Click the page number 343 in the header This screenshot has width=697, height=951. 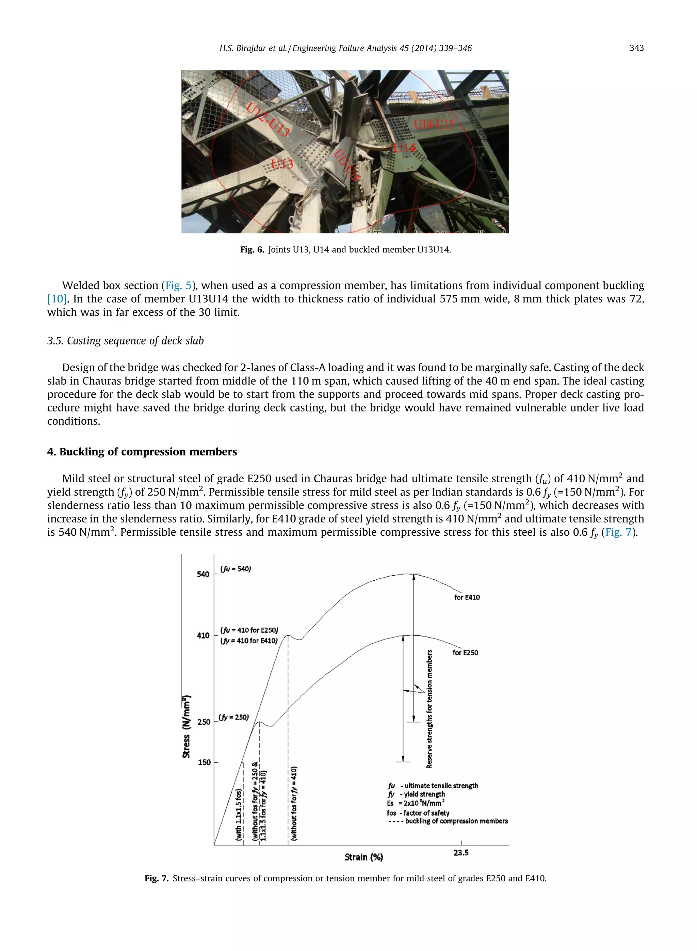click(636, 48)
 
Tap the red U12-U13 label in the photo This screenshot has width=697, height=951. click(268, 120)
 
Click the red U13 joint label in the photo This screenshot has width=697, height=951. click(282, 164)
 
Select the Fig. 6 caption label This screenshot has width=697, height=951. click(252, 250)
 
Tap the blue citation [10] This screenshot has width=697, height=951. click(56, 299)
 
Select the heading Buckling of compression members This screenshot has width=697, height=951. click(142, 452)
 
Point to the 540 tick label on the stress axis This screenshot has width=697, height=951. click(203, 574)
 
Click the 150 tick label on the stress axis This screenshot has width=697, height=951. click(204, 762)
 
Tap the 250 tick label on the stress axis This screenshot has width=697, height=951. click(204, 722)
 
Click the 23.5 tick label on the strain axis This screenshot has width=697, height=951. click(461, 853)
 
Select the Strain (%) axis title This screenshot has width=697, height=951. click(364, 857)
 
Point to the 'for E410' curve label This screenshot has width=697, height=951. click(467, 597)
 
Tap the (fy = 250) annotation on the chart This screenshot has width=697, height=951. click(234, 717)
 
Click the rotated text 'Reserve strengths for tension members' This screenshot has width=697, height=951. click(429, 709)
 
